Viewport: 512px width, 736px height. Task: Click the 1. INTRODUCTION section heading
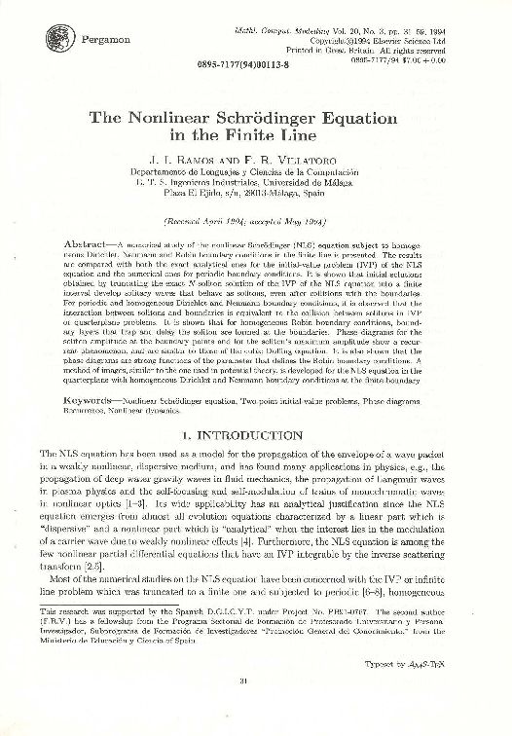click(x=257, y=438)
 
